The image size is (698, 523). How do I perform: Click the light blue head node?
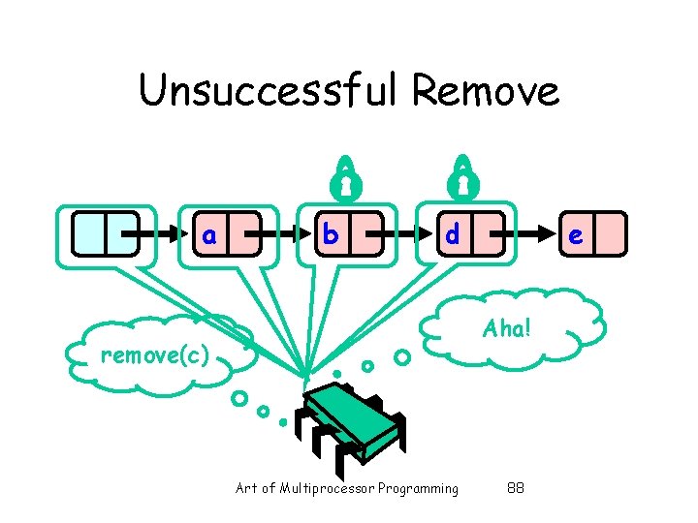106,234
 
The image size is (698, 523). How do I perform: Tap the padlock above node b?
344,175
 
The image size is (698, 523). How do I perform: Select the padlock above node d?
462,175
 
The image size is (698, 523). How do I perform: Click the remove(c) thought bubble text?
155,355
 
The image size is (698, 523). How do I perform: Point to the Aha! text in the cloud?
506,328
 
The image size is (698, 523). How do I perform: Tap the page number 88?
516,488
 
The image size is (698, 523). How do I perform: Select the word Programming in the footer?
419,488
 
